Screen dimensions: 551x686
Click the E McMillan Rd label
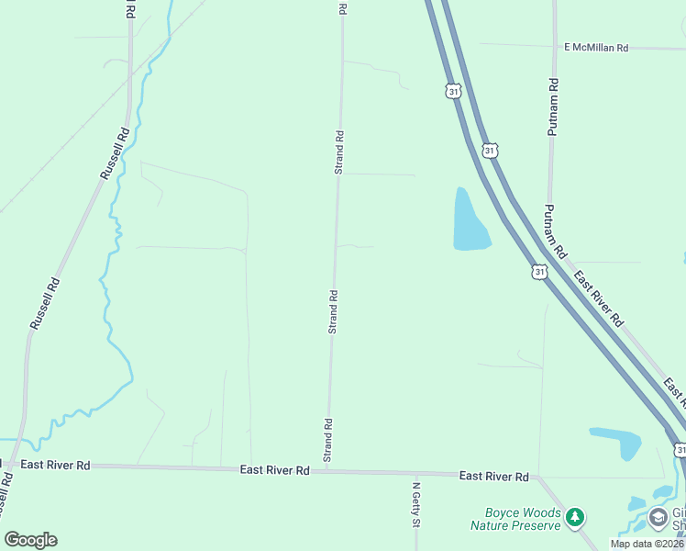coord(596,47)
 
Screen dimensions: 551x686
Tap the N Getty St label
coord(415,504)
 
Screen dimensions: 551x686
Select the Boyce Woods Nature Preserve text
coord(514,520)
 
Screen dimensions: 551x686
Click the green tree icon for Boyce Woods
coord(575,518)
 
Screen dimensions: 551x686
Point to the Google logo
coord(30,539)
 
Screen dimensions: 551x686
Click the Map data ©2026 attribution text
coord(647,544)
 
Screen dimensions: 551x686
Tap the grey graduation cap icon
coord(658,518)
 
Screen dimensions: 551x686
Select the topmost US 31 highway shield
coord(453,89)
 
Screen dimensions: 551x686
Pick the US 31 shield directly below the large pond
coord(540,272)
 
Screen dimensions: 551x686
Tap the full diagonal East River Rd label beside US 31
coord(598,298)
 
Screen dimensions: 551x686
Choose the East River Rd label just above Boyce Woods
coord(494,476)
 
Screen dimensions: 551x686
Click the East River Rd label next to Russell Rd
coord(55,466)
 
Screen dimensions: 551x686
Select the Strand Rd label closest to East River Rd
coord(326,440)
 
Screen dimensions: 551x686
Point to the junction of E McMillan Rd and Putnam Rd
coord(554,46)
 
